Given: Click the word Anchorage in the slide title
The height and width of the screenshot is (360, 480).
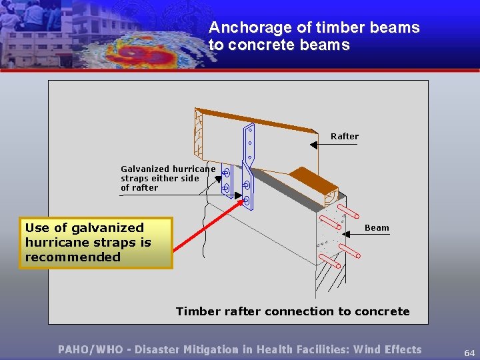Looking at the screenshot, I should pyautogui.click(x=241, y=28).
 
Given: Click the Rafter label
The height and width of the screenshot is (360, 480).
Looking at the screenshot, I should pyautogui.click(x=345, y=137).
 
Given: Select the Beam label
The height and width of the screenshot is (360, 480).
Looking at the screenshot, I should pyautogui.click(x=377, y=228).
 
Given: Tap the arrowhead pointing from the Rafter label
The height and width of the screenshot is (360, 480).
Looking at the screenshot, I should pyautogui.click(x=314, y=144).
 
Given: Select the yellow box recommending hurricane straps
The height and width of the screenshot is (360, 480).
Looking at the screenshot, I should pyautogui.click(x=96, y=243).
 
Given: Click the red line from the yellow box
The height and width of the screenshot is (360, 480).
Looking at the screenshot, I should pyautogui.click(x=207, y=226).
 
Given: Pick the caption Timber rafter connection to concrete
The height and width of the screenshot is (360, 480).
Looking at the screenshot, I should pyautogui.click(x=293, y=311).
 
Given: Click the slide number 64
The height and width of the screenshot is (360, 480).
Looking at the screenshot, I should pyautogui.click(x=469, y=353).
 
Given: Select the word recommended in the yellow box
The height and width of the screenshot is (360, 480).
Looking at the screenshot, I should pyautogui.click(x=73, y=257).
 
